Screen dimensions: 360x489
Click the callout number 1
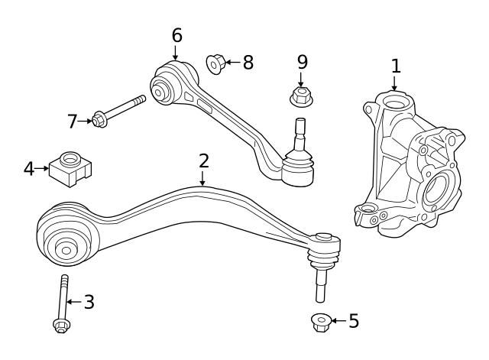pyautogui.click(x=395, y=66)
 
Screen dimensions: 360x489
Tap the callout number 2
pyautogui.click(x=203, y=161)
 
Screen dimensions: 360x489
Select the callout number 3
pyautogui.click(x=89, y=302)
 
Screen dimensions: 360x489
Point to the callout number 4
pyautogui.click(x=29, y=168)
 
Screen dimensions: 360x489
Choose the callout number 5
pyautogui.click(x=353, y=321)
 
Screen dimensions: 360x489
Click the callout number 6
pyautogui.click(x=176, y=35)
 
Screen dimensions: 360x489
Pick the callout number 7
pyautogui.click(x=73, y=121)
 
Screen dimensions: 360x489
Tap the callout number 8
pyautogui.click(x=248, y=62)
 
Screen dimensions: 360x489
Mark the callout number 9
pyautogui.click(x=302, y=61)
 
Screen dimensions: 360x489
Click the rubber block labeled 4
pyautogui.click(x=70, y=168)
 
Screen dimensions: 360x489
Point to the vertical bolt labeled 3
pyautogui.click(x=63, y=303)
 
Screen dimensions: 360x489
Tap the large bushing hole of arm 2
pyautogui.click(x=66, y=249)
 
